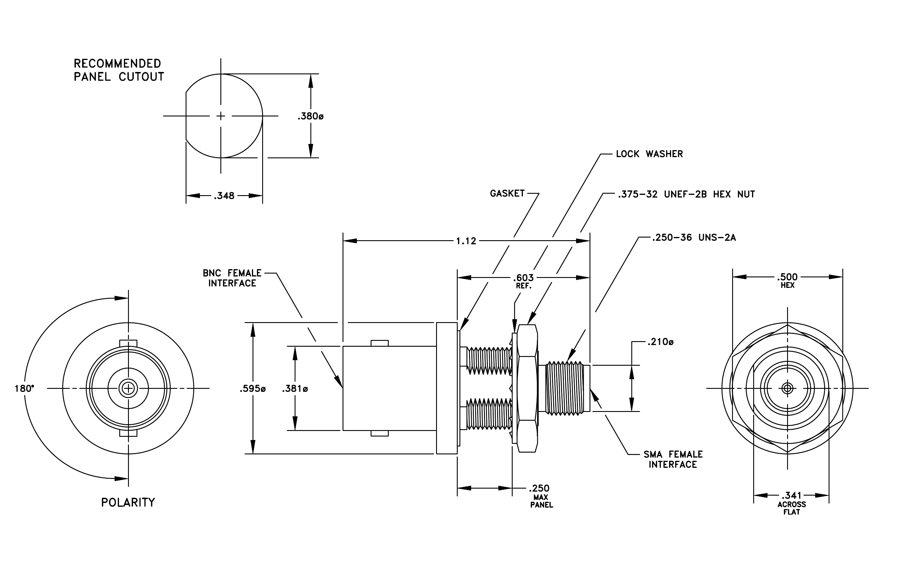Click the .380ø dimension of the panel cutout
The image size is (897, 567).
click(310, 116)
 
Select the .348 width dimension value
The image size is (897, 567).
click(224, 196)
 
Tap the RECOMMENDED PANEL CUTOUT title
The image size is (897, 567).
click(119, 70)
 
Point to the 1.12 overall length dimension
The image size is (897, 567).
click(466, 241)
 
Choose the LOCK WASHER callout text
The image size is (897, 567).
click(649, 154)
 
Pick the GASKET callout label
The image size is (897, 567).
click(507, 193)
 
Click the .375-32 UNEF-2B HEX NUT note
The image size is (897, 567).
click(686, 194)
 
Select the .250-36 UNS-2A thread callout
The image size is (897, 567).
click(694, 238)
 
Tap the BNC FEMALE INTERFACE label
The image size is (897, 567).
click(232, 278)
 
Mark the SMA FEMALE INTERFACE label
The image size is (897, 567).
click(673, 459)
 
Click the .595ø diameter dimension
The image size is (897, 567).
click(253, 389)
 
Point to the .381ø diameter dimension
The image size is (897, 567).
click(295, 389)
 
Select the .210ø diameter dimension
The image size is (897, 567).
click(660, 342)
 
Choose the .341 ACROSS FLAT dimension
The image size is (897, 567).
click(791, 503)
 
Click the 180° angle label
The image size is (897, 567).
click(24, 389)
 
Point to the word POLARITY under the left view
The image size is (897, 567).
click(128, 503)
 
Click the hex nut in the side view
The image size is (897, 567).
click(527, 388)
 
